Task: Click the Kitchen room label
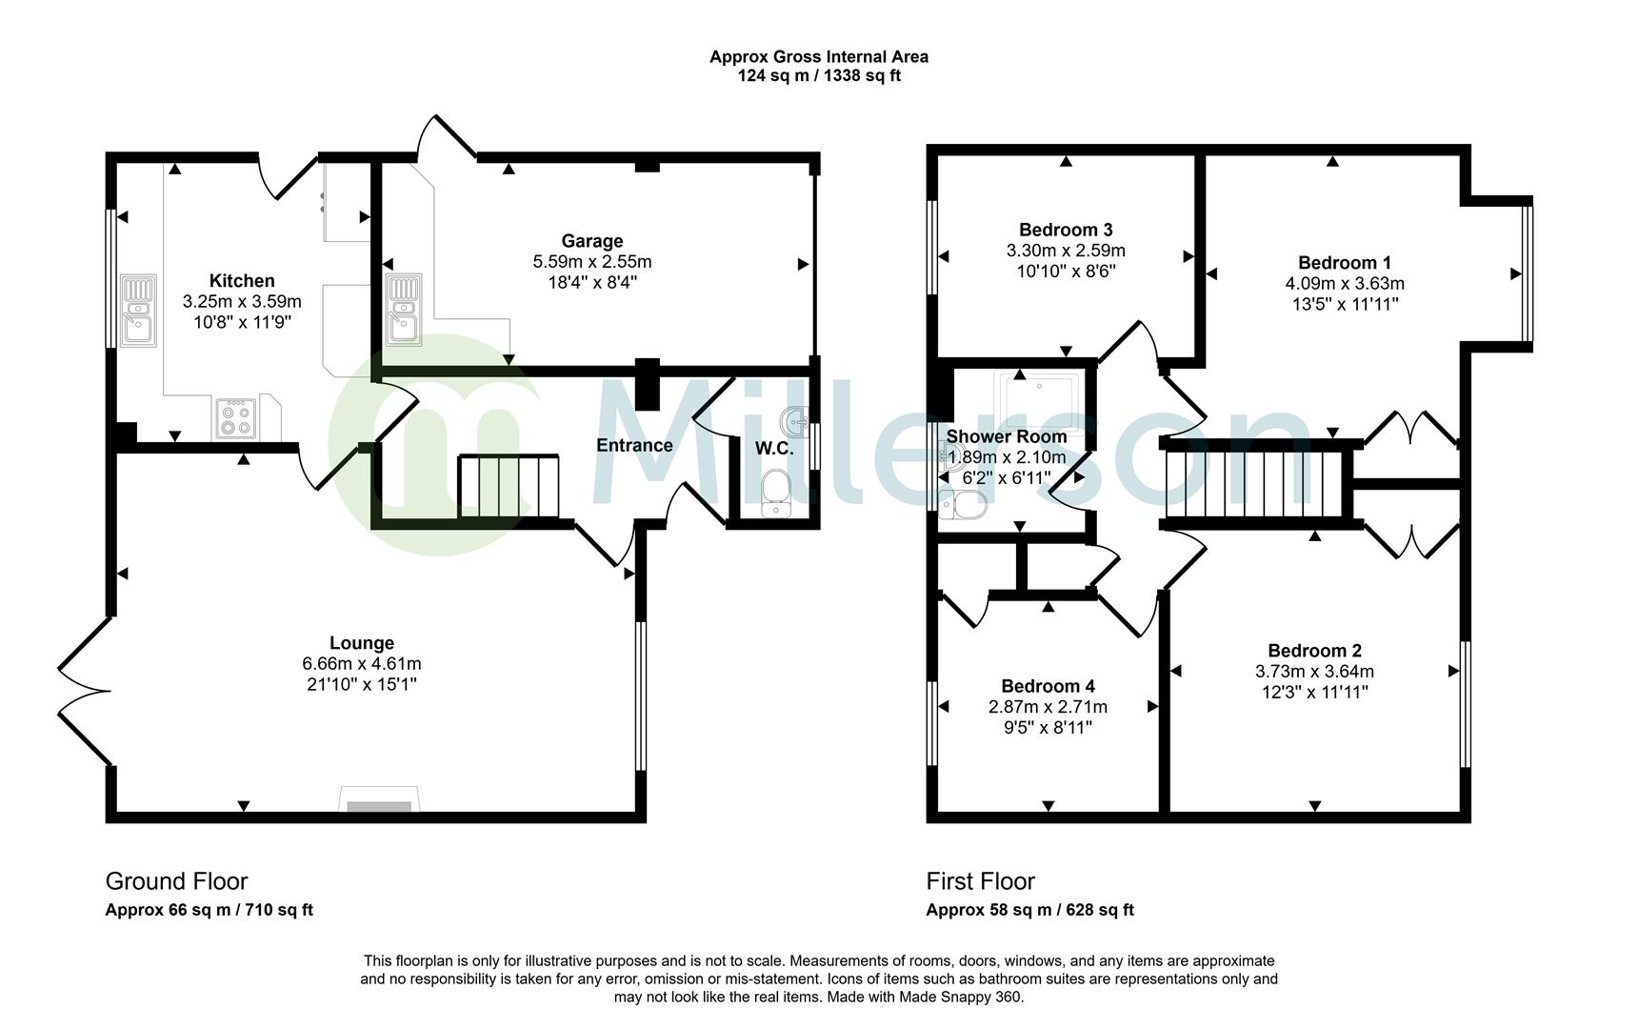(242, 281)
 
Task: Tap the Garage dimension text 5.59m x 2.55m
(591, 262)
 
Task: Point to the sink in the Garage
(403, 310)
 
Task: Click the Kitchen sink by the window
(138, 311)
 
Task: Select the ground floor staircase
(509, 486)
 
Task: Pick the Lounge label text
(362, 643)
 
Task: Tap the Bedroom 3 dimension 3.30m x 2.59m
(1066, 251)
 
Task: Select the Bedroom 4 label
(1048, 686)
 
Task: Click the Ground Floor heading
(176, 881)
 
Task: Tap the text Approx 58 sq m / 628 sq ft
(1029, 910)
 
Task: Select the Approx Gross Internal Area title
(818, 57)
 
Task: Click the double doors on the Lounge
(84, 691)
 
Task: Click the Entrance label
(634, 445)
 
